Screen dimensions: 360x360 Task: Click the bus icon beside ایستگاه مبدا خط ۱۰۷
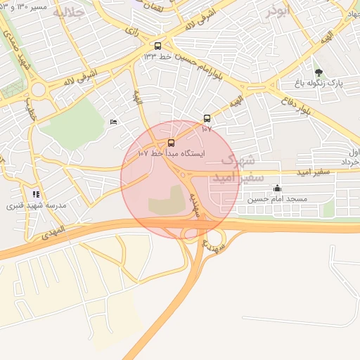click(172, 143)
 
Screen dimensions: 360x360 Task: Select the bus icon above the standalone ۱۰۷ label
click(206, 118)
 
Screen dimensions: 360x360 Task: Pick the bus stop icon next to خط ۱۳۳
click(158, 44)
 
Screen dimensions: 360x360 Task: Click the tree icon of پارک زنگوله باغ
click(319, 72)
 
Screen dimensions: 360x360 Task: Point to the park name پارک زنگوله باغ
click(319, 83)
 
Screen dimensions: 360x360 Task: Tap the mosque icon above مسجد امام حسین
click(277, 188)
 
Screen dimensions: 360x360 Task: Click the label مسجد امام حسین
click(278, 199)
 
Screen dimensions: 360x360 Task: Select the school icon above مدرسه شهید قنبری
click(36, 194)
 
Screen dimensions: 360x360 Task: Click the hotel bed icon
click(114, 123)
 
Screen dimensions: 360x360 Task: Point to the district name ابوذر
click(278, 11)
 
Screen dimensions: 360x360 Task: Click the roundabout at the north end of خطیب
click(37, 90)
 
